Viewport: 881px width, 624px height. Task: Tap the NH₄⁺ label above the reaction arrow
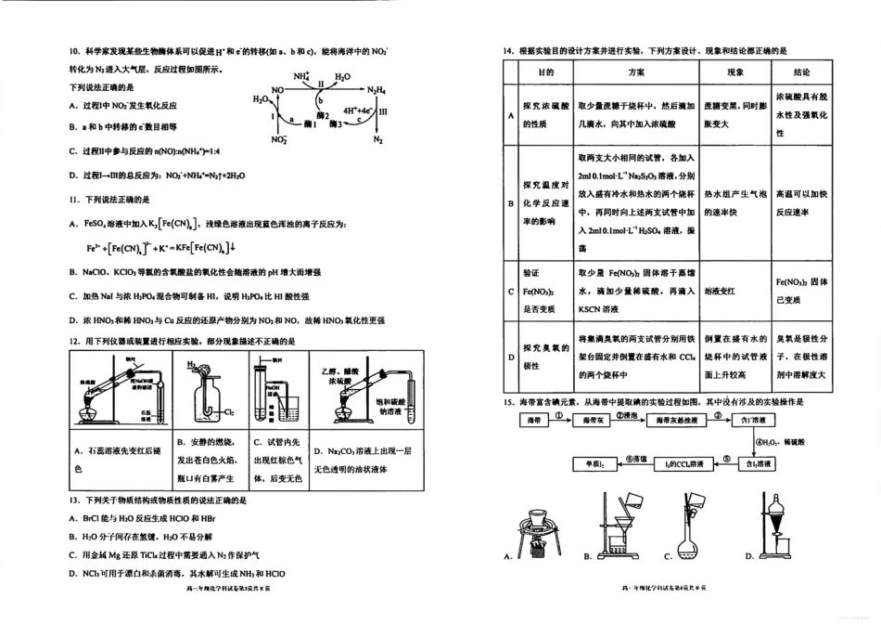coord(301,76)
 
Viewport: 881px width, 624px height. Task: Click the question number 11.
coord(74,199)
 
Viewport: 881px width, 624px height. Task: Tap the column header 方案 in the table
coord(635,72)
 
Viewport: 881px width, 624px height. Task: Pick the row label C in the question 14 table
coord(511,291)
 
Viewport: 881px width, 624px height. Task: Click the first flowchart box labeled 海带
coord(534,421)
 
